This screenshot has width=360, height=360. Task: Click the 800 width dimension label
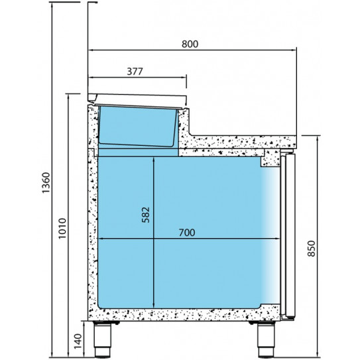(190, 44)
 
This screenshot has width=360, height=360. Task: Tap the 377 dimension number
(135, 72)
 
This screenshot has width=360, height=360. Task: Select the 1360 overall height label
(46, 183)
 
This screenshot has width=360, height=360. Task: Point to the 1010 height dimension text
(62, 229)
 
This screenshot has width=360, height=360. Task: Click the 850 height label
(312, 249)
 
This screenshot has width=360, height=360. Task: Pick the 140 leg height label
(78, 341)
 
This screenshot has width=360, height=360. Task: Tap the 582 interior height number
(146, 215)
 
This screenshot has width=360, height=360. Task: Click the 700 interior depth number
(187, 233)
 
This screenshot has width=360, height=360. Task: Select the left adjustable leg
(103, 339)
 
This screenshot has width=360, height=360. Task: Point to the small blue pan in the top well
(138, 126)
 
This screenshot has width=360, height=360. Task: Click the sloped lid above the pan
(137, 99)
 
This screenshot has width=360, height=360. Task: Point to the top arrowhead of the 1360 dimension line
(52, 5)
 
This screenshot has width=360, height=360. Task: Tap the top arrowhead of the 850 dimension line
(318, 138)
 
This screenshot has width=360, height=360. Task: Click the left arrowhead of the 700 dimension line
(101, 239)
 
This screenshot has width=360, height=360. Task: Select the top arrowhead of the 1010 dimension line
(68, 96)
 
